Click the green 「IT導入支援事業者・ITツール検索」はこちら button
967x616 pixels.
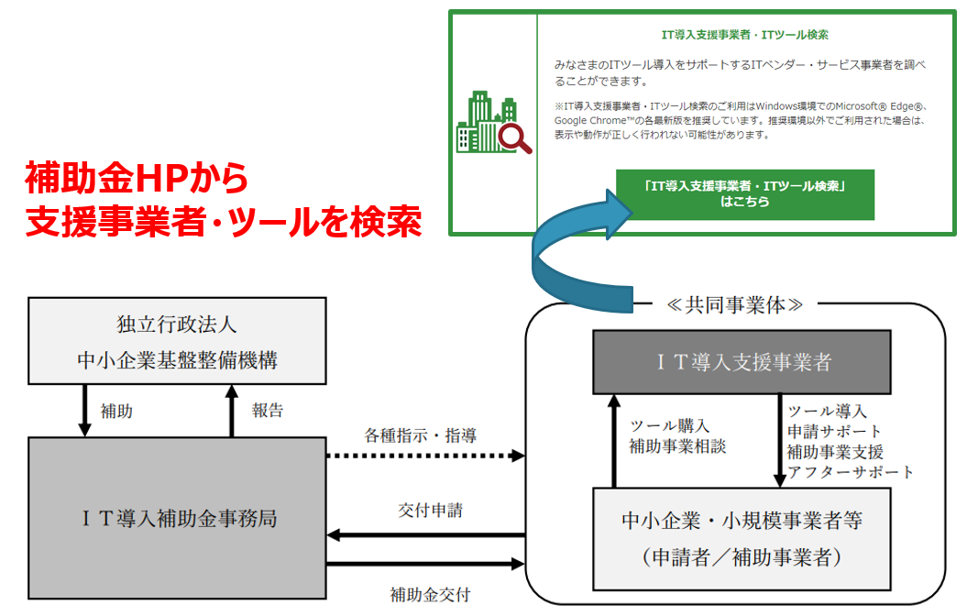coord(744,194)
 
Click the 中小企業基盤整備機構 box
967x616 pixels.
coord(177,340)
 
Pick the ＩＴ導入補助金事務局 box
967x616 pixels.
coord(177,519)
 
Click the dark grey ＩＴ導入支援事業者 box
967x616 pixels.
coord(742,362)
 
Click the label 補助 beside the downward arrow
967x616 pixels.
coord(116,412)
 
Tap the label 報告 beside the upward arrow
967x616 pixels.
coord(268,411)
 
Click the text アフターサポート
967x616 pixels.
coord(851,472)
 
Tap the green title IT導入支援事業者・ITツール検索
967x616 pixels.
coord(744,35)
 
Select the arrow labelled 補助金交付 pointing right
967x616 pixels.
coord(426,565)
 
